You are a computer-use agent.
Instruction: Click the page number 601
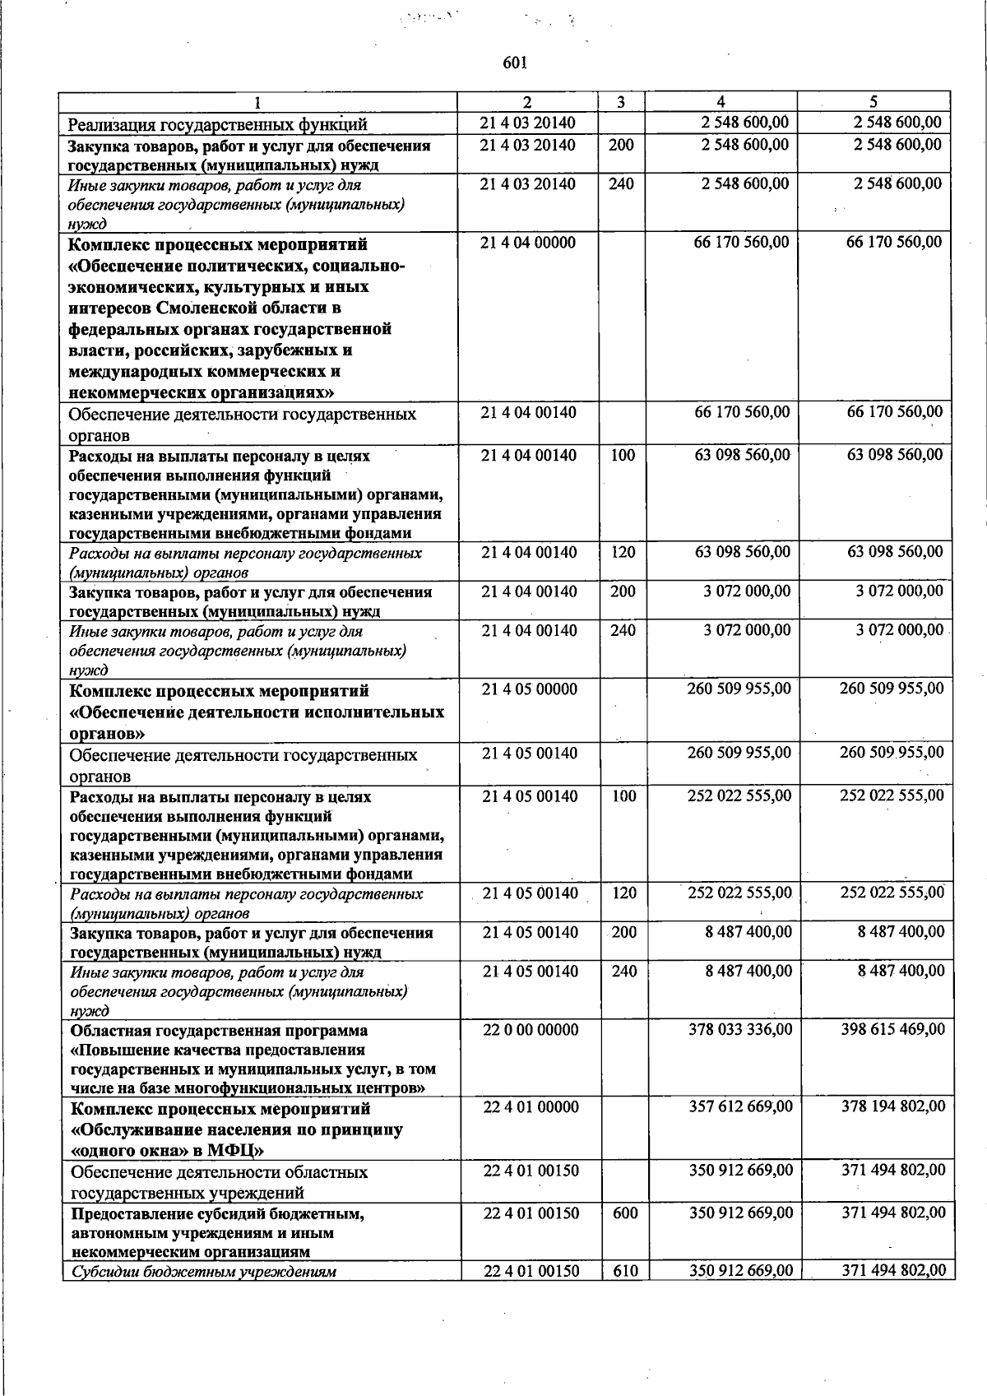coord(513,63)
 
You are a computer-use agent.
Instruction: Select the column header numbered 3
coord(621,102)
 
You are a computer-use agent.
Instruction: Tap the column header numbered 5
coord(873,102)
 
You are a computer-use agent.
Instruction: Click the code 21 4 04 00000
coord(528,243)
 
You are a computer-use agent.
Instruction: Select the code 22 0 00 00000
coord(531,1030)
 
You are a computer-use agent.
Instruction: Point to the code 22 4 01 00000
coord(531,1107)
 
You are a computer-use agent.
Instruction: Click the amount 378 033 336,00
coord(741,1030)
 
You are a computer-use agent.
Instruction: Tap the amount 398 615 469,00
coord(893,1030)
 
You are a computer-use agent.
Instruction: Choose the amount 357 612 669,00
coord(741,1107)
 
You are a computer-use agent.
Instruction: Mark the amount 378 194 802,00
coord(893,1107)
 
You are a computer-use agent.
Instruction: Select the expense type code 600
coord(625,1213)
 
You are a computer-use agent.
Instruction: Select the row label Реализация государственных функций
coord(217,125)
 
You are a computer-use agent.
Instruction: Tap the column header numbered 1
coord(257,103)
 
